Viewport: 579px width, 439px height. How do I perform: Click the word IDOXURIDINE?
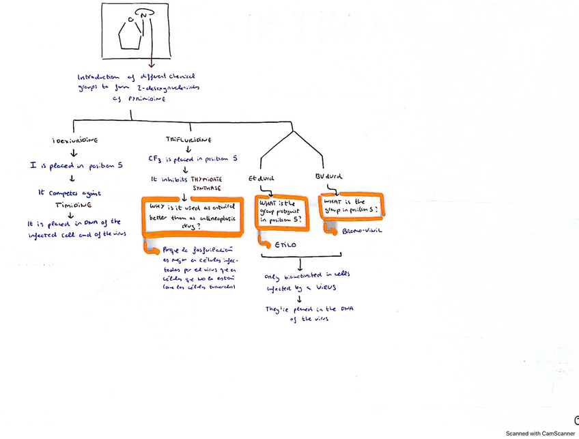74,140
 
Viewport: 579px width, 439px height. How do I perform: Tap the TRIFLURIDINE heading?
184,139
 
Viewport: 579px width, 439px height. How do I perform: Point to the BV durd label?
328,175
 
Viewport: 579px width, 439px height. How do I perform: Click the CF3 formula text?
155,159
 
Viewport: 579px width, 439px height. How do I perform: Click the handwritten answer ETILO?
285,244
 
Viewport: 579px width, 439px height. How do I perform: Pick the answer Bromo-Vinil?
362,231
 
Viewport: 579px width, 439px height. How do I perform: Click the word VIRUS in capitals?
325,289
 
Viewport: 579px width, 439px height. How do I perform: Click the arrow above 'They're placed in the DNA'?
300,299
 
